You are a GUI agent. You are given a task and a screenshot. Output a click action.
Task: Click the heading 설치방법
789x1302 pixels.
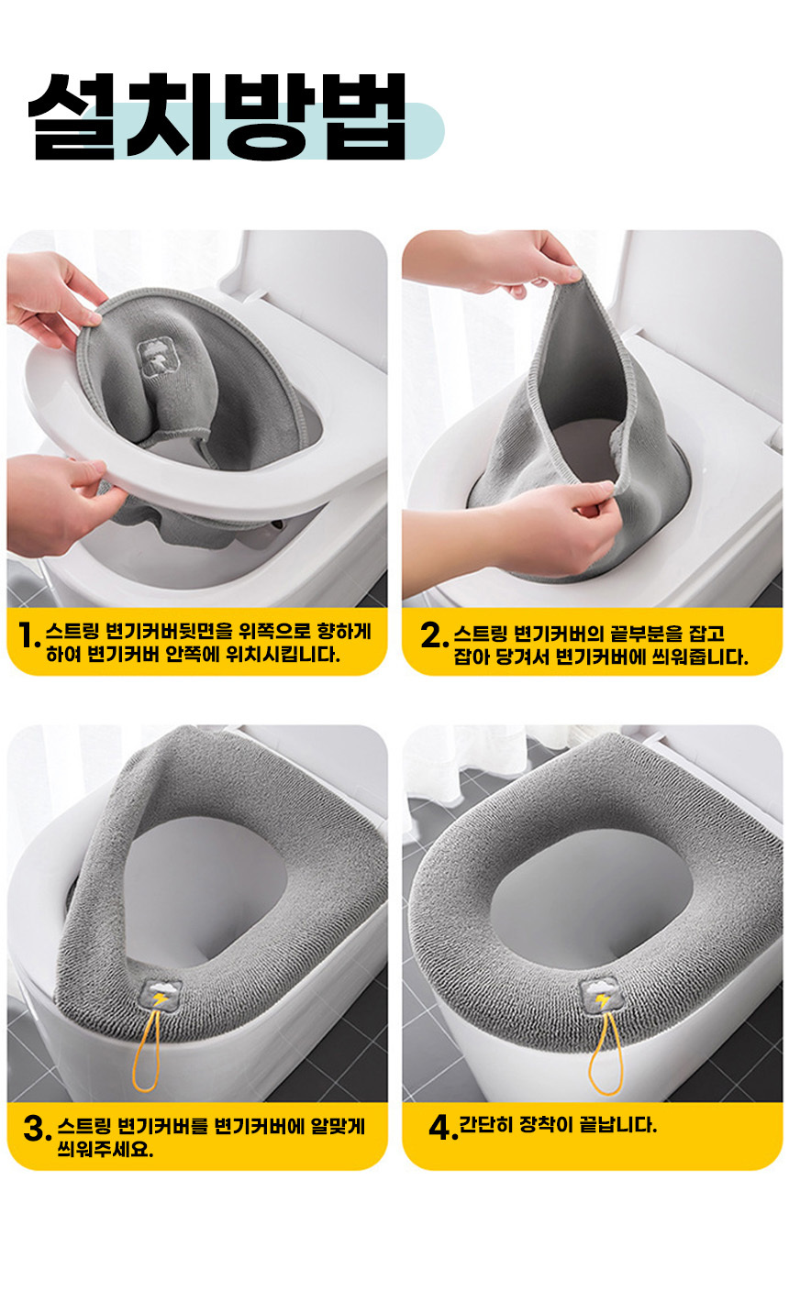(217, 116)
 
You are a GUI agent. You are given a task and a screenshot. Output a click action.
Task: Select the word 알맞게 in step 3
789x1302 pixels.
(338, 1126)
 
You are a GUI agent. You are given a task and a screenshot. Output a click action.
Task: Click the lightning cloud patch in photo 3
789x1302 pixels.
(161, 997)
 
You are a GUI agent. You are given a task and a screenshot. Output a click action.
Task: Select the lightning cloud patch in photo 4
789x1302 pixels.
(602, 997)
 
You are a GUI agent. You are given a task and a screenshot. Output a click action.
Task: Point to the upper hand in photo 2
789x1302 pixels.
(492, 262)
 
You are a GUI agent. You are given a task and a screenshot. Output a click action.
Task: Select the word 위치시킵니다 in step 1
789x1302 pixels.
(283, 655)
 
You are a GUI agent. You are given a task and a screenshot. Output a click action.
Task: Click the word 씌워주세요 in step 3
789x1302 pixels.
(106, 1149)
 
